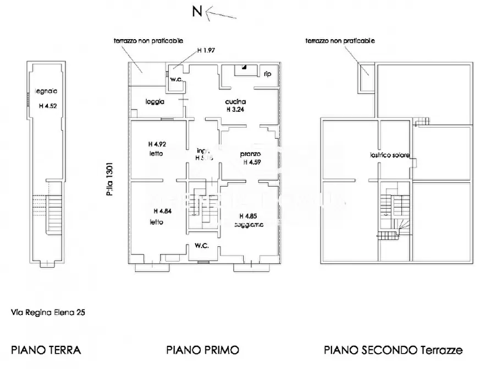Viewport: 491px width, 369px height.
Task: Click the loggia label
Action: tap(156, 101)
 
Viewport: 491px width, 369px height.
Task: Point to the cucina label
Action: tap(235, 101)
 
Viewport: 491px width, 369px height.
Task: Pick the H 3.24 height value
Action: tap(235, 109)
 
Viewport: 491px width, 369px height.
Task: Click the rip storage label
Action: tap(267, 73)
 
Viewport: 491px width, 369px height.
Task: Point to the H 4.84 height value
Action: tap(162, 211)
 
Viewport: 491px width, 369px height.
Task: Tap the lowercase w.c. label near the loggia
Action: tap(175, 78)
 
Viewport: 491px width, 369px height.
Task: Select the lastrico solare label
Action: tap(389, 156)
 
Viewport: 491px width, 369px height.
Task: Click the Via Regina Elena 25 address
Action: tap(48, 312)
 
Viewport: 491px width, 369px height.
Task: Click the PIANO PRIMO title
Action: tap(202, 350)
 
